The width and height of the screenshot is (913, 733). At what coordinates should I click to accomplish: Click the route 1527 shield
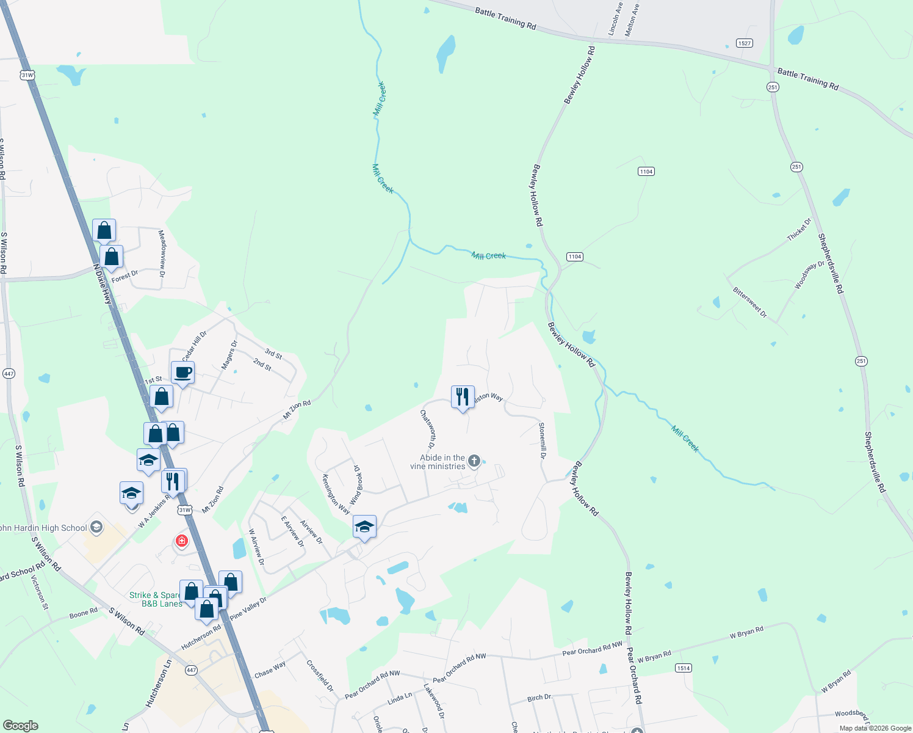coord(744,43)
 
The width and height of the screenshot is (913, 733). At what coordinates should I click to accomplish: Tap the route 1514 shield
coord(683,668)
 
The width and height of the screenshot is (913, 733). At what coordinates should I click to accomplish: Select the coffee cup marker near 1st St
coord(182,373)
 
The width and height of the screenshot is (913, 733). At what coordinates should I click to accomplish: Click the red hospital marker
coord(181,541)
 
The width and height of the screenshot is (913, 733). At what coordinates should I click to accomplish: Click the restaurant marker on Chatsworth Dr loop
coord(463,397)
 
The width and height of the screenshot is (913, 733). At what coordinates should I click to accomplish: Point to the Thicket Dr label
coord(799,230)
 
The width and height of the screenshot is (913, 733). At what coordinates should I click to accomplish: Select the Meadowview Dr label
coord(162,253)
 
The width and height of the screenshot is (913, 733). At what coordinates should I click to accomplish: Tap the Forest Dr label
coord(125,276)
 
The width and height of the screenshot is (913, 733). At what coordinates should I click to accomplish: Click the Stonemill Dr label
coord(542,440)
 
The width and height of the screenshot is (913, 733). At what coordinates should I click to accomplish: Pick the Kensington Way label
coord(336,494)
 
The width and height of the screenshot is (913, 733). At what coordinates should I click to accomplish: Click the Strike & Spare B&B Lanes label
coord(156,599)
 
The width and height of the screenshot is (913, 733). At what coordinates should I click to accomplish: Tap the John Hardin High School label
coord(44,528)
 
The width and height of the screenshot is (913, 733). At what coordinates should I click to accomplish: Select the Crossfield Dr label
coord(320,676)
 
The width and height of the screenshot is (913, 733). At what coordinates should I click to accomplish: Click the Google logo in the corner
coord(20,725)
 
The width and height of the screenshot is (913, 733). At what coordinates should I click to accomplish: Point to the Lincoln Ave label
coord(616,18)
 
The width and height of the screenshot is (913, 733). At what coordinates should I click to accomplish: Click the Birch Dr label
coord(539,698)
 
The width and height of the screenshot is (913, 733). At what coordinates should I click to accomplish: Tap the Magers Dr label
coord(229,355)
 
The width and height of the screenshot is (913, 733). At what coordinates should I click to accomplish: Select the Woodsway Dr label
coord(809,275)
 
